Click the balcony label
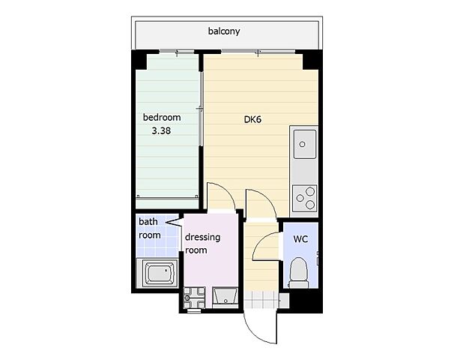click(224, 31)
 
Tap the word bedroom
click(162, 117)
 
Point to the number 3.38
click(161, 130)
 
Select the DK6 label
click(252, 119)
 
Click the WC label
click(300, 239)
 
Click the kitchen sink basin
click(305, 144)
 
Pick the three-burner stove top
click(305, 199)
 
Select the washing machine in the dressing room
click(194, 298)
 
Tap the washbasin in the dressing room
click(225, 298)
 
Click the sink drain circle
click(302, 144)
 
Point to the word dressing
click(202, 237)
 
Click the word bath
click(148, 221)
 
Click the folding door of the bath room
click(173, 223)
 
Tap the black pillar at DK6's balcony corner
click(312, 60)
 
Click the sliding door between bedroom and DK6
click(201, 109)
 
